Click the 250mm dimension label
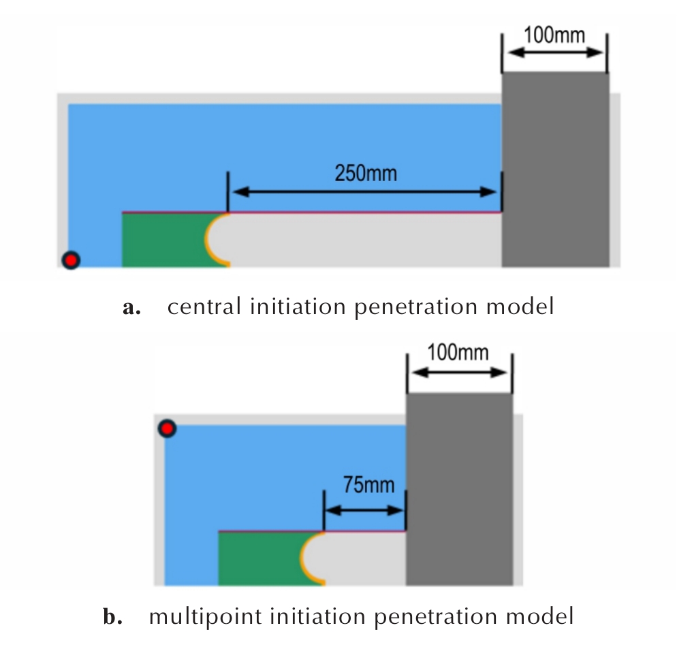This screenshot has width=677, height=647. tap(366, 173)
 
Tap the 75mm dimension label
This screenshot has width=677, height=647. tap(368, 485)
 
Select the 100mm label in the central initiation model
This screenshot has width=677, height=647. tap(554, 35)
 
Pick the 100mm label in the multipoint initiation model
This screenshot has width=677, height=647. tap(458, 352)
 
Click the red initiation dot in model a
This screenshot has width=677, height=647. tap(71, 260)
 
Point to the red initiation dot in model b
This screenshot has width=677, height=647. tap(167, 428)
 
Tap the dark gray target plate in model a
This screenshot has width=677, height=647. tap(555, 169)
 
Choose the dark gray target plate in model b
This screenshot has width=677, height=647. tap(459, 489)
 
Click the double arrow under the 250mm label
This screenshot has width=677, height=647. tap(365, 191)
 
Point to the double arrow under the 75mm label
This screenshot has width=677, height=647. tap(365, 510)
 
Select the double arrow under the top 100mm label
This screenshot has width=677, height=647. tap(555, 52)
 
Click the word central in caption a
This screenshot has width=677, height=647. tap(204, 306)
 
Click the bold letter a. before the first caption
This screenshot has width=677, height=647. tap(131, 308)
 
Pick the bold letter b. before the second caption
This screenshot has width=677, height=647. tap(112, 616)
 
